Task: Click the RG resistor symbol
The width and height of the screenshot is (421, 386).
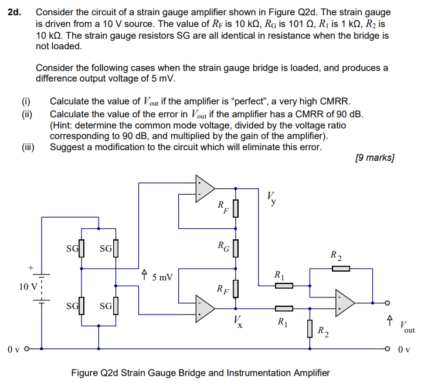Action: [236, 248]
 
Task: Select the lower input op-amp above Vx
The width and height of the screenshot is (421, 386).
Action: [205, 306]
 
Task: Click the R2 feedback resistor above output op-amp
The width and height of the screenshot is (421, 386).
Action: [341, 269]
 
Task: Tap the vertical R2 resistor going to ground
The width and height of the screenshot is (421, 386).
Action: [309, 329]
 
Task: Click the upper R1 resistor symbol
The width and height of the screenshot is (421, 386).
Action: [284, 286]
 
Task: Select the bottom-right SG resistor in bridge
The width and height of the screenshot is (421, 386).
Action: [116, 305]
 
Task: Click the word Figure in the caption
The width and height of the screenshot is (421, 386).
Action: [85, 373]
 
